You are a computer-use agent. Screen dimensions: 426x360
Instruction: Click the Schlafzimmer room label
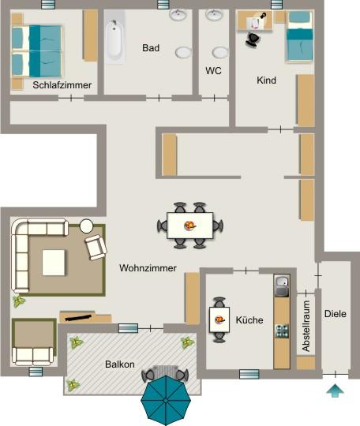[62, 84]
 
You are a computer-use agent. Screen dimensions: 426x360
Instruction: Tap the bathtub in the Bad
[115, 41]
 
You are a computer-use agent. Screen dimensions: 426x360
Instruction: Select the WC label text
[213, 70]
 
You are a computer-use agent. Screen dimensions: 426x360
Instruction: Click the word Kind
[266, 80]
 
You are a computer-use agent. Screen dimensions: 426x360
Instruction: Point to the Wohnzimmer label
[148, 268]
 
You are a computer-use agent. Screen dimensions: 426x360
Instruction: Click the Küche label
[249, 319]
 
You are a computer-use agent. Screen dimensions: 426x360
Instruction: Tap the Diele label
[336, 314]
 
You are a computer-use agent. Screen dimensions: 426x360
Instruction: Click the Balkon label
[120, 364]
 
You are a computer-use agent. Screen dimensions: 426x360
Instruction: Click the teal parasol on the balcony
[166, 398]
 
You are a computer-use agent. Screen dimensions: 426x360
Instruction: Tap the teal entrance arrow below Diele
[336, 390]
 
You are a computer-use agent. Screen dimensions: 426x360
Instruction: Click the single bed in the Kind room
[299, 37]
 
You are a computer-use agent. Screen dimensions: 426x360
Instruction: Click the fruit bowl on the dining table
[190, 226]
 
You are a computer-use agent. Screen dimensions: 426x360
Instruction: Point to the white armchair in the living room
[96, 247]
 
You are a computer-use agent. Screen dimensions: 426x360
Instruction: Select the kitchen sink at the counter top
[281, 282]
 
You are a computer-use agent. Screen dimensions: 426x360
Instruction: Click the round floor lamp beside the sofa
[86, 224]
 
